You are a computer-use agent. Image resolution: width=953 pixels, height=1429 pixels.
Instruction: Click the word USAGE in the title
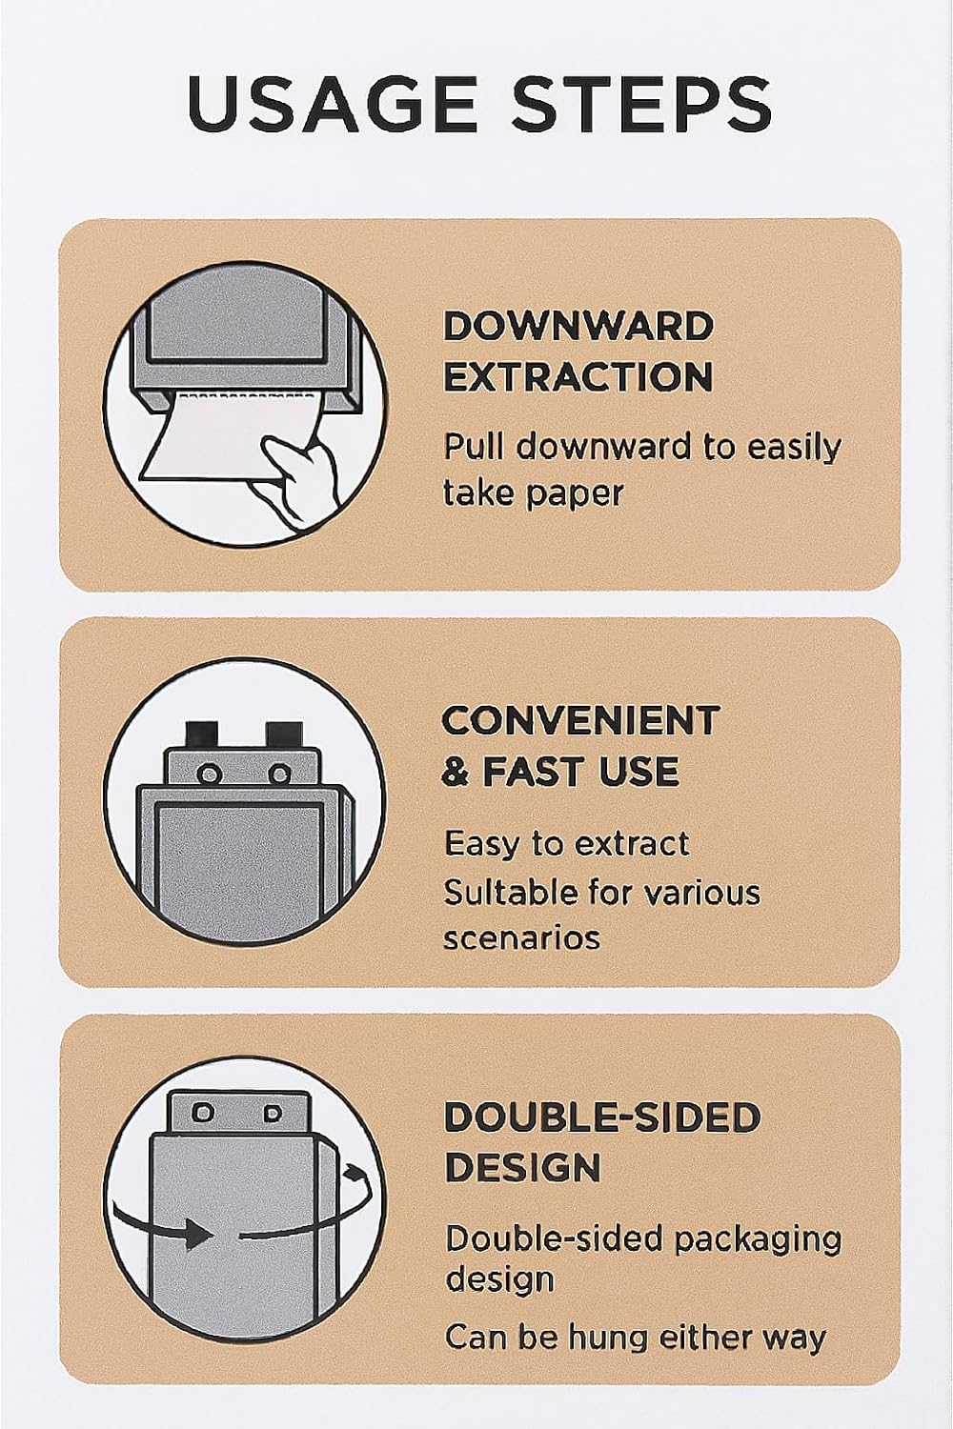click(332, 103)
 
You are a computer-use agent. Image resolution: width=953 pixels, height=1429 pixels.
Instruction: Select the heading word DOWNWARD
click(578, 328)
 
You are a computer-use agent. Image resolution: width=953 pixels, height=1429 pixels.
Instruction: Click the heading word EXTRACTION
click(578, 376)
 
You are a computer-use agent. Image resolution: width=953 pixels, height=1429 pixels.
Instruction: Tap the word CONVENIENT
click(580, 721)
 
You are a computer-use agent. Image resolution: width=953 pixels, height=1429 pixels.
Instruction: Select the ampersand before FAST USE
click(457, 771)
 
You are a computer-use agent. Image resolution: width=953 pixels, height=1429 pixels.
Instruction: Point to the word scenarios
click(522, 938)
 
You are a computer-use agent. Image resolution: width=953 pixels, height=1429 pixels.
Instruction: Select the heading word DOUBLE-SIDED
click(602, 1117)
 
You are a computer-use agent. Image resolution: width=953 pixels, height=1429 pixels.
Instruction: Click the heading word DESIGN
click(523, 1167)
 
